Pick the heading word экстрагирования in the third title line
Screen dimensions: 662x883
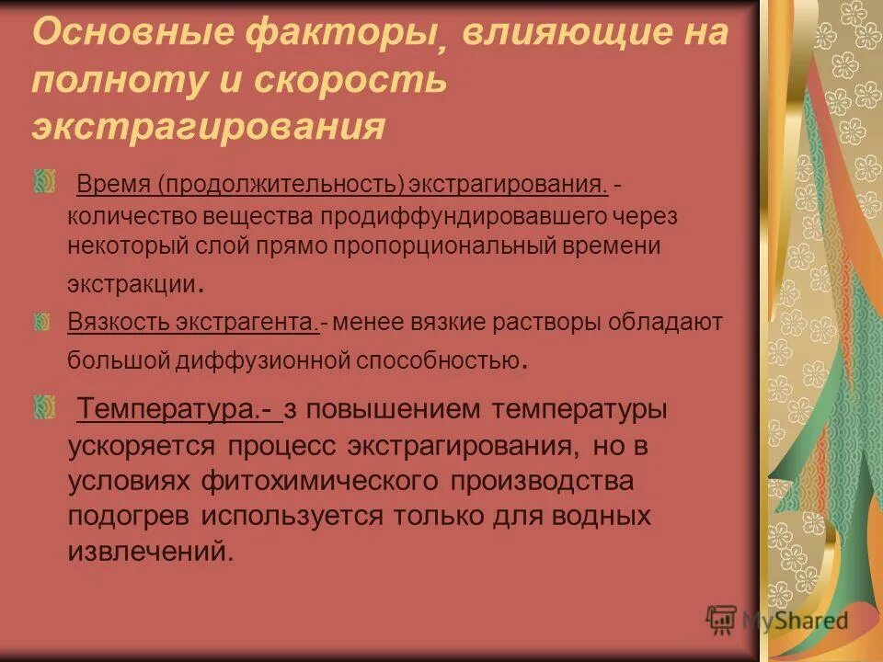coord(208,127)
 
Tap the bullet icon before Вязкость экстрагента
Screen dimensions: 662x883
coord(42,321)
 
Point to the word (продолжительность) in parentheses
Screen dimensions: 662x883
coord(281,186)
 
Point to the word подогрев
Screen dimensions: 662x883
coord(130,515)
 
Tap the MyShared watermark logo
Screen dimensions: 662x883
coord(777,622)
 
